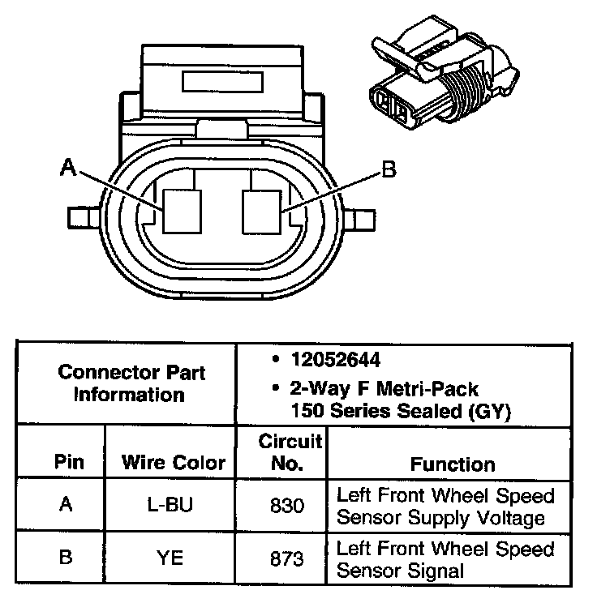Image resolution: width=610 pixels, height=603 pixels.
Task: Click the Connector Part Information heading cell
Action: tap(131, 383)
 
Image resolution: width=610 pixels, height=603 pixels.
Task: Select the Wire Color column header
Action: tap(172, 463)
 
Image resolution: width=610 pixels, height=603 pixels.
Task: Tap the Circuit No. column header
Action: tap(290, 453)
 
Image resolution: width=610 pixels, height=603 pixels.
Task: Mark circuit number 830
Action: tap(286, 505)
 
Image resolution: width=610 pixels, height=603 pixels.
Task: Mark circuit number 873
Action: tap(286, 559)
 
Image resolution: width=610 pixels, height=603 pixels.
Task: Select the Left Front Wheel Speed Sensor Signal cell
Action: tap(445, 559)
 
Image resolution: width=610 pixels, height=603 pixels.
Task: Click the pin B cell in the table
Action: tap(67, 558)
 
